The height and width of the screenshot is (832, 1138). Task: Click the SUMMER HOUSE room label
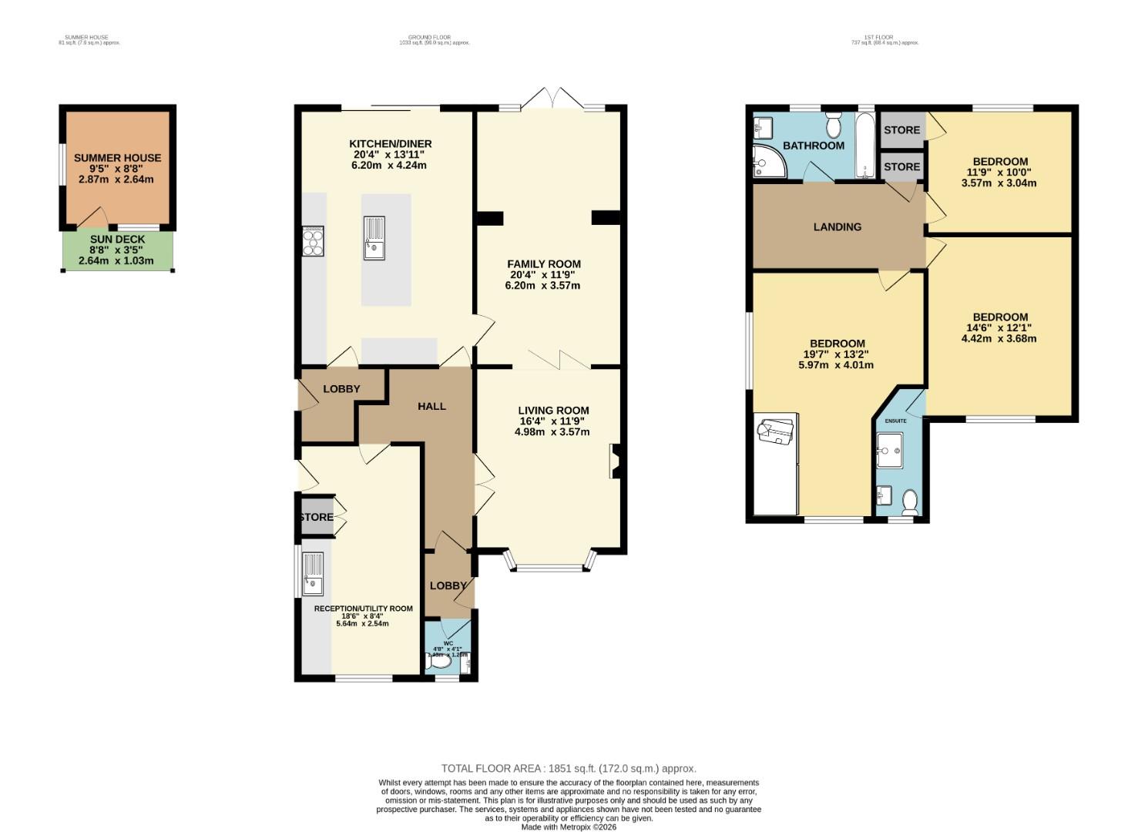coord(117,158)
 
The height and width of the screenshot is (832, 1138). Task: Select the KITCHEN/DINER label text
coord(390,144)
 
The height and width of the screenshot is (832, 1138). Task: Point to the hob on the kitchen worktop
coord(313,241)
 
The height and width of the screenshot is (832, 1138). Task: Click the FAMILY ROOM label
coord(543,264)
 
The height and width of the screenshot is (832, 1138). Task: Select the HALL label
coord(431,406)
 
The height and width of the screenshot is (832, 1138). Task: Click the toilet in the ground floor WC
coord(439,662)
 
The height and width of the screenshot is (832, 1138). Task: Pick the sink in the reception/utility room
coord(313,574)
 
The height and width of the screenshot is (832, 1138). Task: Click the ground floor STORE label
coord(316,517)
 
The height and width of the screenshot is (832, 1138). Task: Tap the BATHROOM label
coord(813,146)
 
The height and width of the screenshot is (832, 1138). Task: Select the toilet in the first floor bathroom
coord(834,125)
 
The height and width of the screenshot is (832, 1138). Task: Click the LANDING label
coord(837,226)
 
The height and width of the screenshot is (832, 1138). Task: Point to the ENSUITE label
coord(895,421)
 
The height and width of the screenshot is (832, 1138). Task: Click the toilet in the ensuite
coord(910,503)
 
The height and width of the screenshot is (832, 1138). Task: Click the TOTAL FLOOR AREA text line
coord(568,768)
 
